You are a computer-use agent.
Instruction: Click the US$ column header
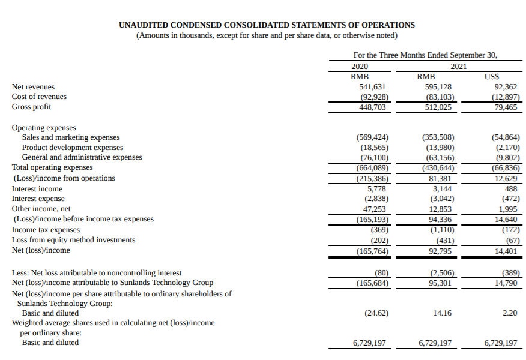(x=492, y=77)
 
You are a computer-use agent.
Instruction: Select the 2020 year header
(x=360, y=66)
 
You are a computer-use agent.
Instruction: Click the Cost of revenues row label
(x=39, y=97)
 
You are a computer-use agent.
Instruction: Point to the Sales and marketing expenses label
(x=71, y=137)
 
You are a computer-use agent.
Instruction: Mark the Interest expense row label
(x=38, y=199)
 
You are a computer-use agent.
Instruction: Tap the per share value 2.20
(x=509, y=313)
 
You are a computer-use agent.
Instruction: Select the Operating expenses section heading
(x=44, y=128)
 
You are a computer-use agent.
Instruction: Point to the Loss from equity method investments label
(x=73, y=240)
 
